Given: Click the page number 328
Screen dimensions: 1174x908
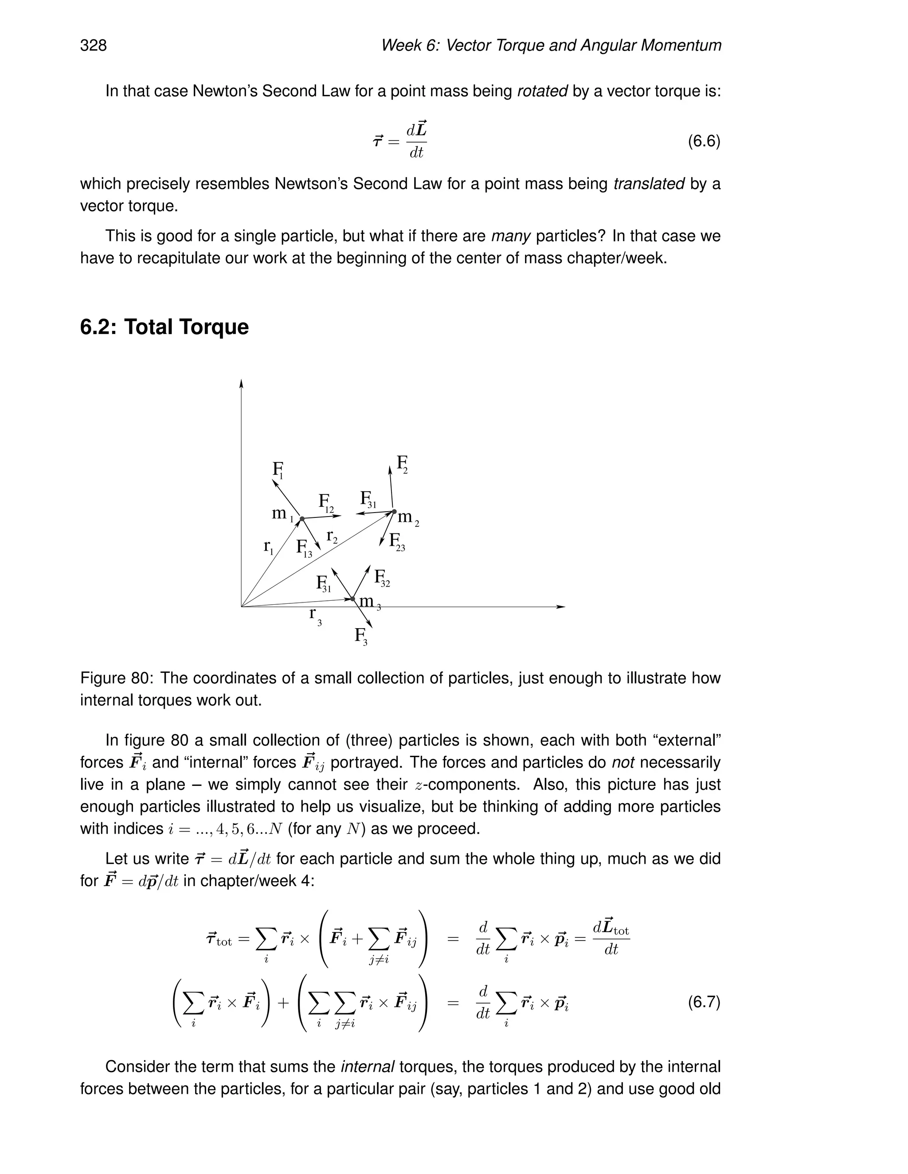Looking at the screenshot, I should pos(94,46).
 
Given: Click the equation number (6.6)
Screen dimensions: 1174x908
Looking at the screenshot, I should pos(704,141).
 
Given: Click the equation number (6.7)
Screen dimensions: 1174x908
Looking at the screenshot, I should pos(704,1002).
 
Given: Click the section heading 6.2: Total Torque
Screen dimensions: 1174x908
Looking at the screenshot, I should pos(164,327).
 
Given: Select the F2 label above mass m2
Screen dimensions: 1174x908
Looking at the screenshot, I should pos(402,464).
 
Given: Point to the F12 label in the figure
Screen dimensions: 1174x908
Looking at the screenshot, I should pos(326,503).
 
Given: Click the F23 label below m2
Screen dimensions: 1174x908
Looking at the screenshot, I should pos(396,541).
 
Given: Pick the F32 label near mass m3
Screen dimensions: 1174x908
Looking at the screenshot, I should pos(381,579).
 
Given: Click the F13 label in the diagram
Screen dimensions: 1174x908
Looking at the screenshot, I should pos(304,549).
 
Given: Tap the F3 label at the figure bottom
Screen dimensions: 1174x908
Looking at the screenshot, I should pos(361,637).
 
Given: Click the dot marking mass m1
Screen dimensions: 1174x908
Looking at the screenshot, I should pos(302,519).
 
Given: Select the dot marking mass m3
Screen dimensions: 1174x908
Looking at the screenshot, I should pos(353,598).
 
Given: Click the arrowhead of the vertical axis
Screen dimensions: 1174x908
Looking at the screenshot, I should pos(242,383).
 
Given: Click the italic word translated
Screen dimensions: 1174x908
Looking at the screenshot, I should pos(649,184).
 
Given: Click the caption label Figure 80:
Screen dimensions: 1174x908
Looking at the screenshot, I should pos(117,678).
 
